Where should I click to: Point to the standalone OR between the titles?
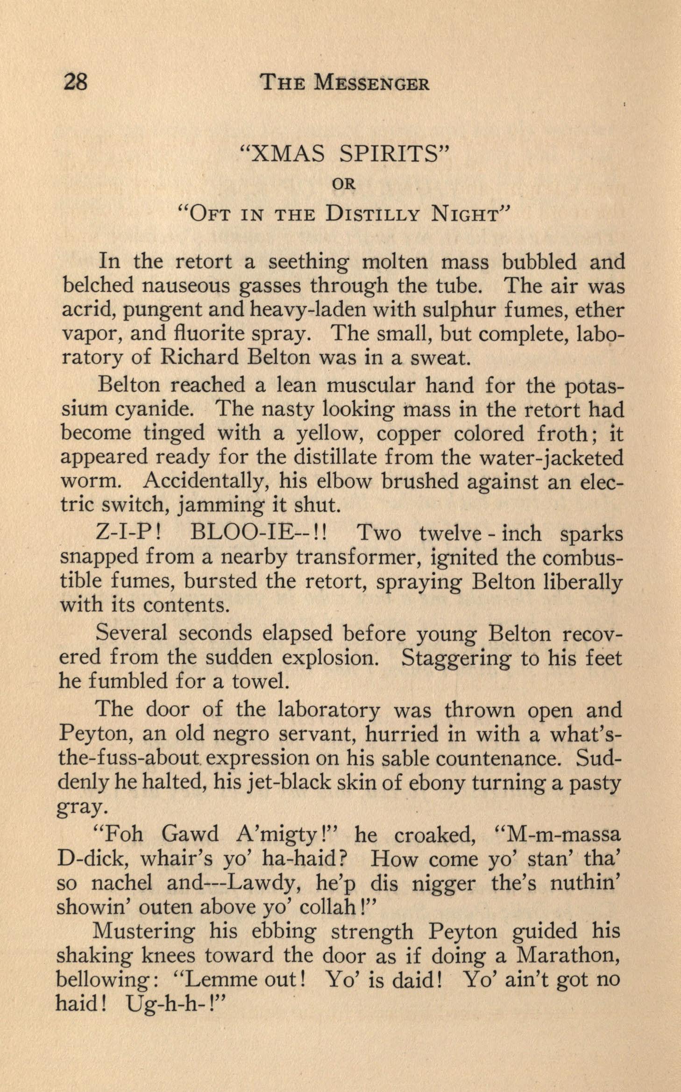click(343, 184)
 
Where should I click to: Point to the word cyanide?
click(152, 410)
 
